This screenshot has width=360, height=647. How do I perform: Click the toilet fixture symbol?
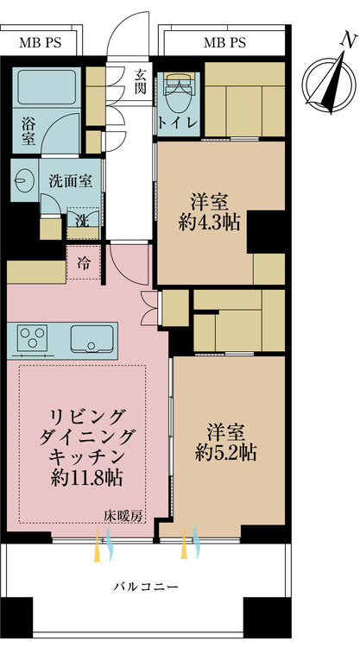[180, 89]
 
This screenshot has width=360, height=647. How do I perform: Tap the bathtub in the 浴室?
[47, 87]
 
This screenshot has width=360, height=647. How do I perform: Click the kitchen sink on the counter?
[92, 339]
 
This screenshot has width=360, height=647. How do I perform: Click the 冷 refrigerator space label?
[84, 263]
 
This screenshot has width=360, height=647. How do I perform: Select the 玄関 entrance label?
[139, 81]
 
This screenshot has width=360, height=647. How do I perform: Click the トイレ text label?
[178, 124]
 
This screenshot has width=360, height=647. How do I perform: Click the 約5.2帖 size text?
[225, 453]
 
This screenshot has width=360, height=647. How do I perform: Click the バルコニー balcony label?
[146, 587]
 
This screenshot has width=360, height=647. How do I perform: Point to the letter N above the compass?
[349, 41]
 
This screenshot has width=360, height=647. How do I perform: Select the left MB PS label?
[40, 43]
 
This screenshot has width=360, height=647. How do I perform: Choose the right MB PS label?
[224, 42]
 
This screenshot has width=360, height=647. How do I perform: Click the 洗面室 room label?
[70, 181]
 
